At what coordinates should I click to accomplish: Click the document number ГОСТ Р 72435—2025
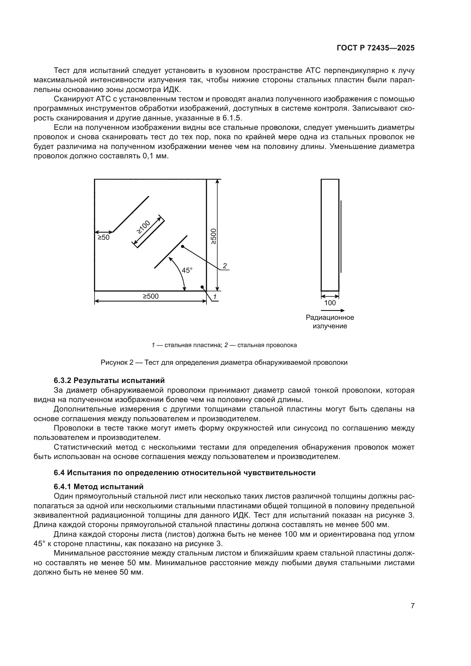pos(376,48)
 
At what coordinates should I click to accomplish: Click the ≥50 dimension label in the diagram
pos(103,237)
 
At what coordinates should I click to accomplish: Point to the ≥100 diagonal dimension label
pos(144,227)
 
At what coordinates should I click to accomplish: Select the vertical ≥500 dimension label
pos(213,236)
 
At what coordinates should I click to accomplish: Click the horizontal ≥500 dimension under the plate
pos(151,296)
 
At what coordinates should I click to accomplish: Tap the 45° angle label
pos(187,270)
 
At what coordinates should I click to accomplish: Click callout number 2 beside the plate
pos(224,266)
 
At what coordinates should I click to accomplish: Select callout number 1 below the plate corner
pos(215,297)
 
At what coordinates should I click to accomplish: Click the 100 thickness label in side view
pos(330,303)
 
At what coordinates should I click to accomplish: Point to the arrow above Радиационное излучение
pos(333,310)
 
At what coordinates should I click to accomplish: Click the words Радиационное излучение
pos(330,322)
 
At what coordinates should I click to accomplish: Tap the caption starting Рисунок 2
pos(224,362)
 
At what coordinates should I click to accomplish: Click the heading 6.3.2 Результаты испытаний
pos(109,380)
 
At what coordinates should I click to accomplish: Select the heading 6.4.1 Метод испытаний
pos(99,486)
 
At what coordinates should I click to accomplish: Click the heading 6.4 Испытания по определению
pos(185,473)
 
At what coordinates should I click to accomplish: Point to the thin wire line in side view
pos(341,236)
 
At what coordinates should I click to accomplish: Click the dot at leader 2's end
pos(183,247)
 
